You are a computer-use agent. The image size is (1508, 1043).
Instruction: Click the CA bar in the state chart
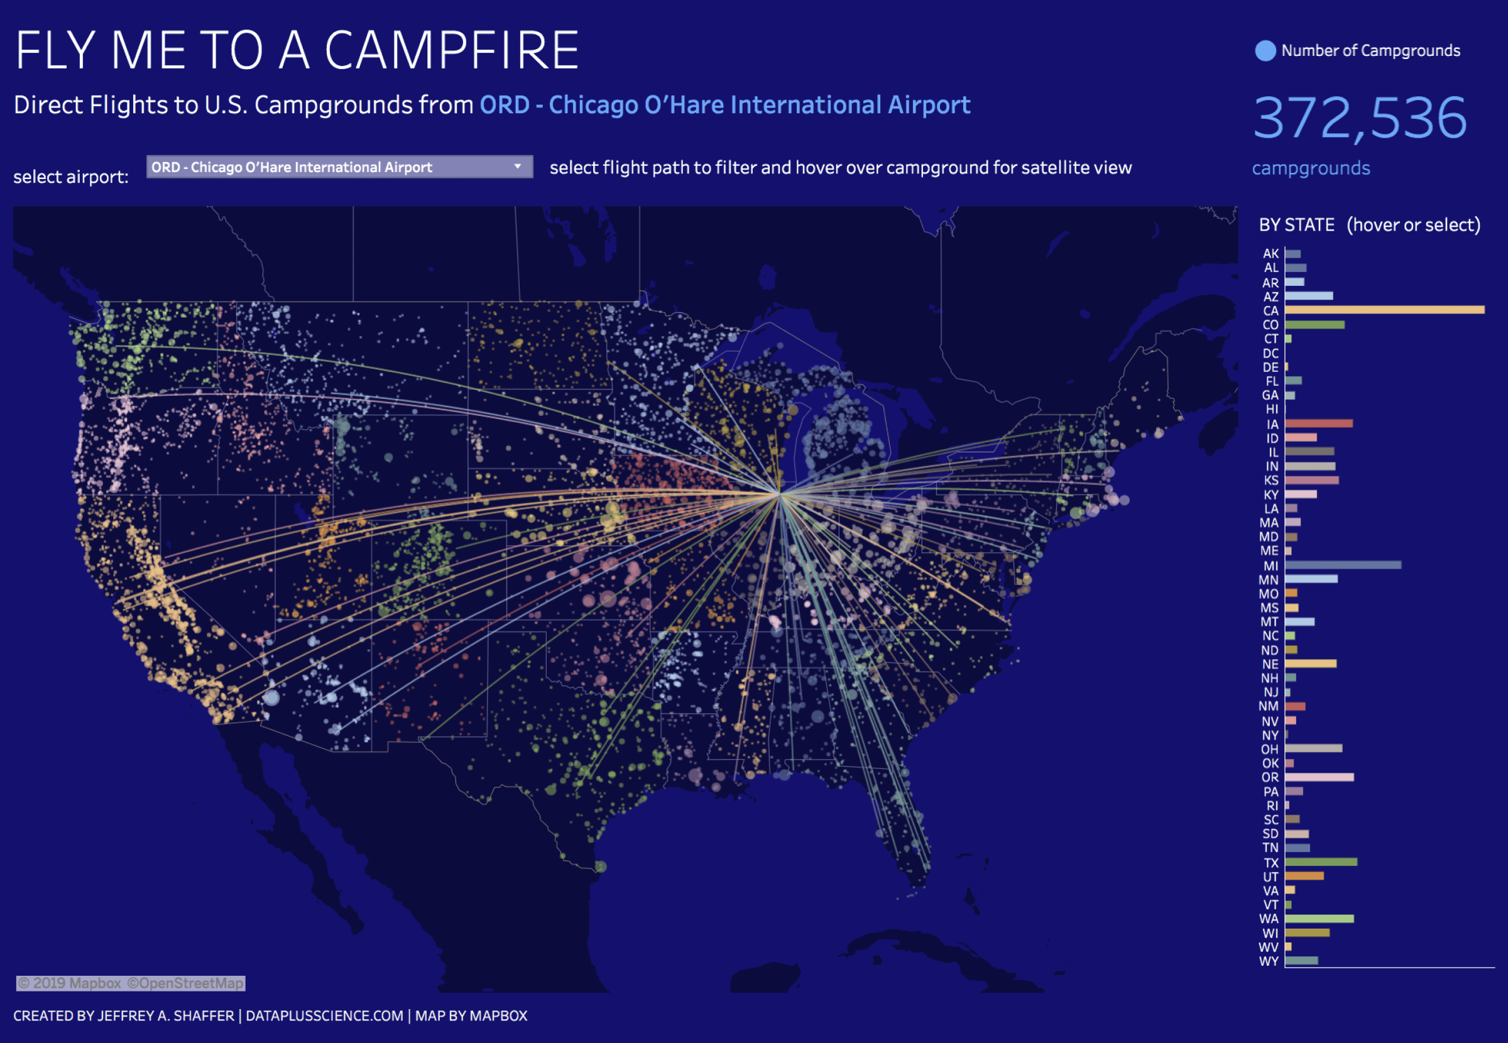point(1384,310)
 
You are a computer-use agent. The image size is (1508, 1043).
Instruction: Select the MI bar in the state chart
point(1343,565)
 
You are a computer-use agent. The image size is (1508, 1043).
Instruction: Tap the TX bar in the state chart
point(1321,862)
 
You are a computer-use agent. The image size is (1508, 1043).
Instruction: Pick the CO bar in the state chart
point(1314,324)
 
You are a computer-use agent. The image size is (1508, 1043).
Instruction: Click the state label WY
point(1268,961)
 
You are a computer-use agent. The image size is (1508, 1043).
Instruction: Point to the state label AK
point(1270,254)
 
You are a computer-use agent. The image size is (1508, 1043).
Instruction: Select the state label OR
point(1269,777)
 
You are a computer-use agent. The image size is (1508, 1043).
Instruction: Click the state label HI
point(1271,409)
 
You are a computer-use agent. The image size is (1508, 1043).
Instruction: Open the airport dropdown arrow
point(518,167)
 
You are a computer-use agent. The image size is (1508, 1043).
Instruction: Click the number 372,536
point(1360,117)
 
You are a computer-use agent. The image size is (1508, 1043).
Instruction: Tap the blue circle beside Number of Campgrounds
point(1265,51)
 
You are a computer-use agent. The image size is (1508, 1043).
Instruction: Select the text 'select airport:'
point(71,177)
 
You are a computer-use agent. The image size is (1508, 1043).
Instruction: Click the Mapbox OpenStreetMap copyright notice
point(131,983)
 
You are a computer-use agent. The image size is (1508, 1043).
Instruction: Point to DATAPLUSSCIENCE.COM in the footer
point(324,1015)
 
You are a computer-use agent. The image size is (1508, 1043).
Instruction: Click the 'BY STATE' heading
point(1296,225)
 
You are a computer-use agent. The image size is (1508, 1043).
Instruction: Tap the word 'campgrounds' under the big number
point(1311,168)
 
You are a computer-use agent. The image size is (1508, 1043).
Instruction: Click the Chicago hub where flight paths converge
point(779,494)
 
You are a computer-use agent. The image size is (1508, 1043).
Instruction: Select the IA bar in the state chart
point(1318,423)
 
